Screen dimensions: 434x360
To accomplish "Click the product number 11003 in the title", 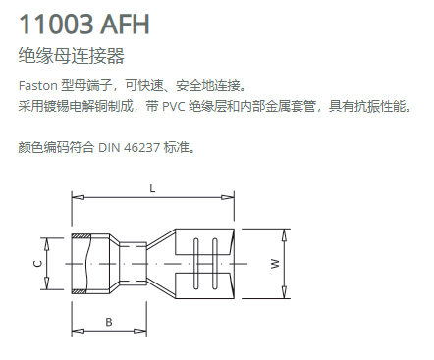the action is (56, 24).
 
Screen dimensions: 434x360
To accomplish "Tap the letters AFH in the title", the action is (125, 24).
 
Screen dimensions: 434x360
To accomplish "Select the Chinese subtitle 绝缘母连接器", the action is (72, 55).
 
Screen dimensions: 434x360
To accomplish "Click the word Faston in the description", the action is (38, 86).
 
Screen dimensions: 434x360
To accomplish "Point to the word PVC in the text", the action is (174, 107).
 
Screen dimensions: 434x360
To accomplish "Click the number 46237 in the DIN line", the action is (142, 148).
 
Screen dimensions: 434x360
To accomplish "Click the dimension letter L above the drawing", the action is (152, 188).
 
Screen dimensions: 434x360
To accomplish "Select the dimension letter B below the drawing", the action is (109, 322).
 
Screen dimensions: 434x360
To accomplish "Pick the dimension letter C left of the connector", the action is (37, 264).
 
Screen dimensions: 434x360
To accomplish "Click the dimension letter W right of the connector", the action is (275, 264).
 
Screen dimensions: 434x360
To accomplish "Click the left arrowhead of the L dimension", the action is (78, 197).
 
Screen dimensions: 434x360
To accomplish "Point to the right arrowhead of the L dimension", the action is (228, 197).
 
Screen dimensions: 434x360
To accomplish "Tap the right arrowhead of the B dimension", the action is (140, 332).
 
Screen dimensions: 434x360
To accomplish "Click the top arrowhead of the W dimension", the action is (285, 235).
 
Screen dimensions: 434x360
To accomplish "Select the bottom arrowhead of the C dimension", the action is (47, 283).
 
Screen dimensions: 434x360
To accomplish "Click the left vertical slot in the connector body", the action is (195, 264).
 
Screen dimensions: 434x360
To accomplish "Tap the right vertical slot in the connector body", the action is (215, 264).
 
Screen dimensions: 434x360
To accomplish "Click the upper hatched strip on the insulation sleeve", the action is (79, 235).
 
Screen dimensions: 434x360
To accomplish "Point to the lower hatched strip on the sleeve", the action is (79, 291).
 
